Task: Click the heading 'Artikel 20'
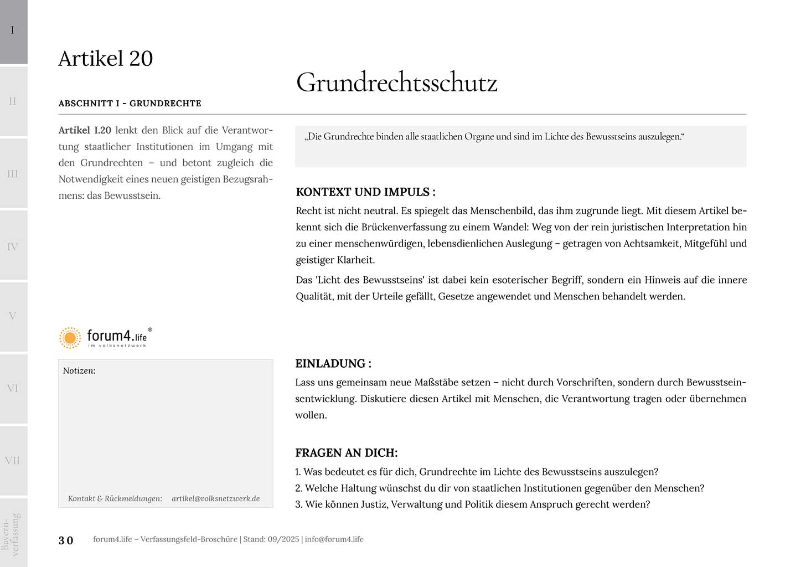point(106,59)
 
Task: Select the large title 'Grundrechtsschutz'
point(396,83)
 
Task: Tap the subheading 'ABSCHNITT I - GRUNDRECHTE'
point(130,104)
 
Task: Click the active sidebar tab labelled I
point(13,31)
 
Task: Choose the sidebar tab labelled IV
point(13,246)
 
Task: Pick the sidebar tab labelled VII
point(13,460)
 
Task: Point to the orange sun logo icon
point(70,337)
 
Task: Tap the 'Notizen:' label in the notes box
point(79,371)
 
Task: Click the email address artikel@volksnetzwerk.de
point(215,498)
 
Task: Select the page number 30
point(66,540)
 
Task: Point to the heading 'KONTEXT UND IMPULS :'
point(365,192)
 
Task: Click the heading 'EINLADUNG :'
point(333,364)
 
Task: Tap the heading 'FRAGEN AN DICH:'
point(347,453)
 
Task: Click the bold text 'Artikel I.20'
point(85,131)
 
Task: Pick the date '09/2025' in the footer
point(283,539)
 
